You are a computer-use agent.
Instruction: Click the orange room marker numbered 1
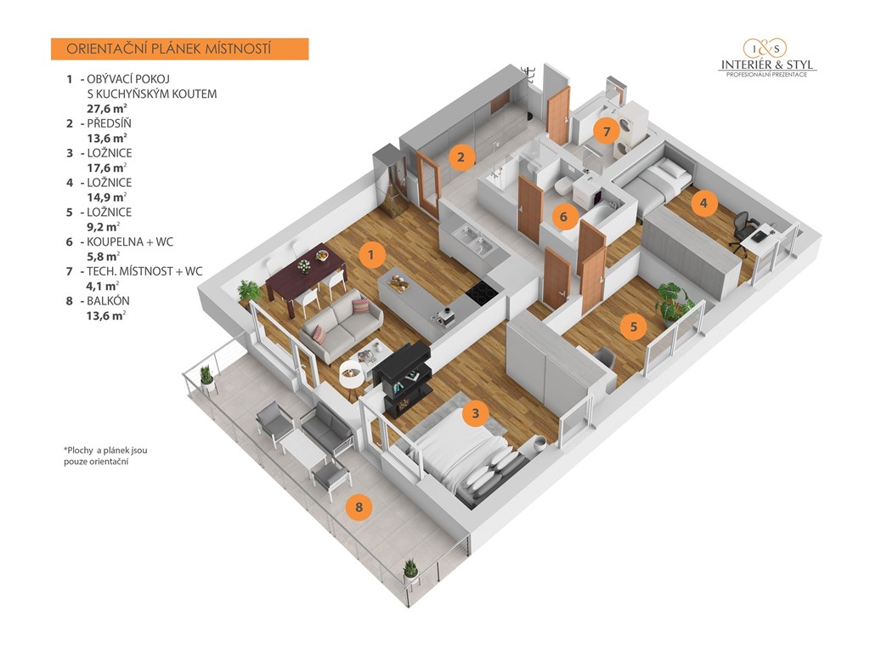point(370,253)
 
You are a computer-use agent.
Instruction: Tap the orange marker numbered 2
point(460,156)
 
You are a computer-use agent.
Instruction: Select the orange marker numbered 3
point(476,414)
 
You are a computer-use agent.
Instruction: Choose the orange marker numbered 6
point(562,217)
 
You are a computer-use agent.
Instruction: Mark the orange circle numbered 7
point(606,132)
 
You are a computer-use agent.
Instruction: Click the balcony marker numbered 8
point(359,508)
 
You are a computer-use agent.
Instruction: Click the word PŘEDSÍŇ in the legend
point(110,123)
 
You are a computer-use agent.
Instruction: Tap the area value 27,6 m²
point(106,108)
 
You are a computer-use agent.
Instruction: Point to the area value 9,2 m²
point(103,227)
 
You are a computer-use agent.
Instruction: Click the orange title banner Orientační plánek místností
point(178,49)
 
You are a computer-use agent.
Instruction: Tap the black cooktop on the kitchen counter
point(480,292)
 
